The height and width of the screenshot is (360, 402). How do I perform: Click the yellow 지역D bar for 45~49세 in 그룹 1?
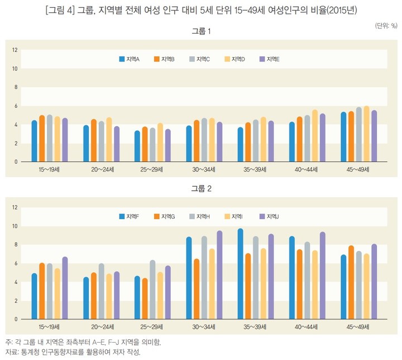tap(366, 134)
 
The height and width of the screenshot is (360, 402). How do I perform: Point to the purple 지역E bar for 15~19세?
tap(65, 140)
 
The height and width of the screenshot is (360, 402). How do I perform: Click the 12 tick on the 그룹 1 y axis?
tap(16, 50)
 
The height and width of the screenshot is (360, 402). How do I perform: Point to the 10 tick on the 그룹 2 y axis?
tap(16, 226)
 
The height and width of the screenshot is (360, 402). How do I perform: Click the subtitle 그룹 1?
tap(201, 31)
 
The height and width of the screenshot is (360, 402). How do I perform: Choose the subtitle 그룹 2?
tap(201, 189)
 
